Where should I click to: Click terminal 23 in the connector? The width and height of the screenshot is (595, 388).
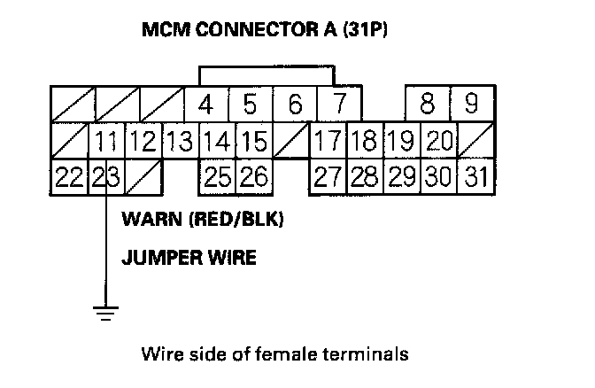pyautogui.click(x=105, y=177)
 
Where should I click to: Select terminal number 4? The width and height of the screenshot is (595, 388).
pyautogui.click(x=205, y=105)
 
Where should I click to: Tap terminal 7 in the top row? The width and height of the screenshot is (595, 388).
pyautogui.click(x=337, y=105)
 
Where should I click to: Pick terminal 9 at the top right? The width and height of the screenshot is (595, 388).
pyautogui.click(x=472, y=105)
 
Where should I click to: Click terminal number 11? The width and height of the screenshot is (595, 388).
pyautogui.click(x=107, y=142)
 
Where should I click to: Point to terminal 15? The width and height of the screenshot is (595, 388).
pyautogui.click(x=253, y=142)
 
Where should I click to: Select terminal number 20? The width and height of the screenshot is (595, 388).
pyautogui.click(x=438, y=142)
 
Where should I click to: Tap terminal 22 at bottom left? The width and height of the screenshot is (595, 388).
pyautogui.click(x=69, y=177)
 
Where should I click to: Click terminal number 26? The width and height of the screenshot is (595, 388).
pyautogui.click(x=253, y=177)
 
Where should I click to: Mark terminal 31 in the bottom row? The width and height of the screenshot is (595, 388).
pyautogui.click(x=476, y=177)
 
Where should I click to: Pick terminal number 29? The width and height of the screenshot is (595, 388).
pyautogui.click(x=402, y=177)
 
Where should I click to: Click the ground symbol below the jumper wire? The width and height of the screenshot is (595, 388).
pyautogui.click(x=106, y=311)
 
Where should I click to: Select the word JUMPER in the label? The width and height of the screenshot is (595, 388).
pyautogui.click(x=158, y=259)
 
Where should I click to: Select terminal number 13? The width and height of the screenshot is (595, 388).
pyautogui.click(x=180, y=142)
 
